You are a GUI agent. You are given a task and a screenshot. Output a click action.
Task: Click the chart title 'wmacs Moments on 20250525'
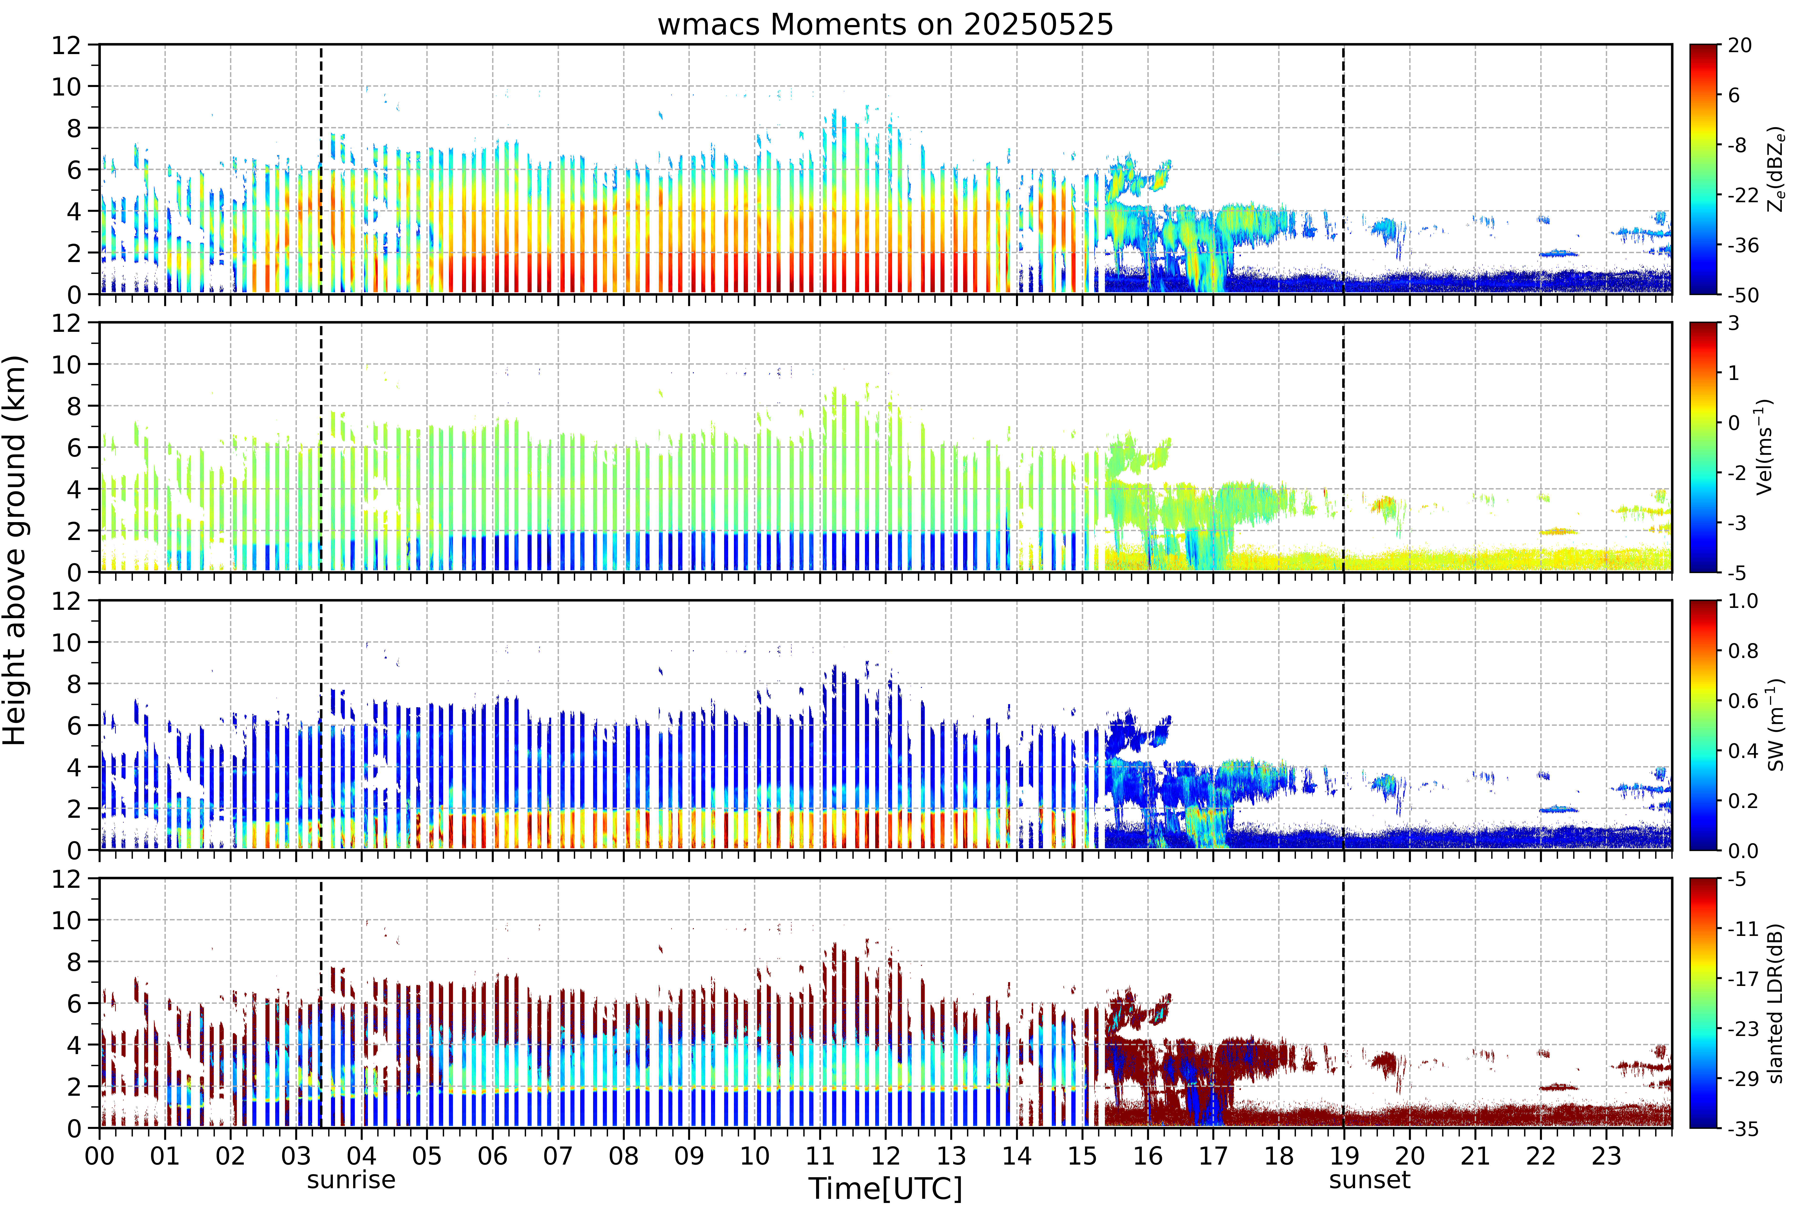pos(886,25)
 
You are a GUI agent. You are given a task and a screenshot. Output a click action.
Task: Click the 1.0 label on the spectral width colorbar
pos(1743,601)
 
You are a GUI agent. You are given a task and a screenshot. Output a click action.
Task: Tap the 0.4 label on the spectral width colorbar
pos(1743,750)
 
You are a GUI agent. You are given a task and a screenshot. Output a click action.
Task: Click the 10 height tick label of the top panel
pos(66,87)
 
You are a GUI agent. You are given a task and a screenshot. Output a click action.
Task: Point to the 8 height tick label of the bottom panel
pos(74,962)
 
